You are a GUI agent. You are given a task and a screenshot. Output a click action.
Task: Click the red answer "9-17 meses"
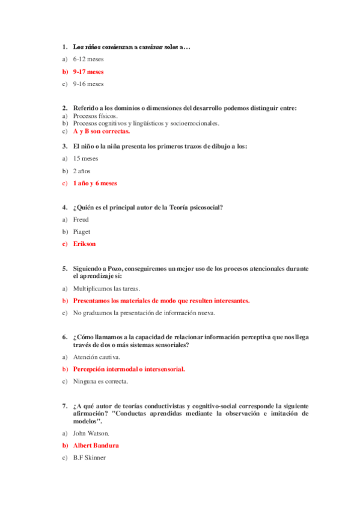click(88, 72)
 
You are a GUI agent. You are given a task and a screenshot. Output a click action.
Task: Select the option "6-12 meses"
click(88, 59)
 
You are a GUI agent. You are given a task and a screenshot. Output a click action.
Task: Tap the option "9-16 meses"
click(88, 84)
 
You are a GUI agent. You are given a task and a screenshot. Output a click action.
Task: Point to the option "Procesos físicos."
click(96, 116)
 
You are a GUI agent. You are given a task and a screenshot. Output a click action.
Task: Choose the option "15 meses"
click(85, 158)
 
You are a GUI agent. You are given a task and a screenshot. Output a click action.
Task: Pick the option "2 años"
click(82, 171)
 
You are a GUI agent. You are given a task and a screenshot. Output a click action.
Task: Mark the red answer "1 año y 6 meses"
click(95, 183)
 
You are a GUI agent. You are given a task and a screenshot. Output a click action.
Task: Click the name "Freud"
click(81, 220)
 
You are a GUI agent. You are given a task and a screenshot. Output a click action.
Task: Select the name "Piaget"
click(81, 232)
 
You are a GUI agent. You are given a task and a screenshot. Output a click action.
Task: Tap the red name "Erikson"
click(84, 244)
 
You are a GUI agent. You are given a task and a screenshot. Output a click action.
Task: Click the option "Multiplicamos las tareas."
click(106, 288)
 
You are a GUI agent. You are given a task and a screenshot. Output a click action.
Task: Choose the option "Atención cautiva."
click(96, 357)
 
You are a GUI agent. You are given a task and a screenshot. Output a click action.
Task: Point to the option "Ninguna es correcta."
click(100, 381)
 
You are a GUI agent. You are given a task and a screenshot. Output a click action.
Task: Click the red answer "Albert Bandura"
click(96, 446)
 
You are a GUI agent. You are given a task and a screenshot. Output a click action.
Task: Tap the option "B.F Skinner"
click(89, 458)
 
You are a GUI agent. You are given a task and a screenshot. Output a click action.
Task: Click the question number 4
click(64, 207)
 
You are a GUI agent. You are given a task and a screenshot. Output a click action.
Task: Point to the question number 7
click(64, 407)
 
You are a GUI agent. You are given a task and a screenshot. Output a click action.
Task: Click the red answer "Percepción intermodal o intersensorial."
click(129, 369)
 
